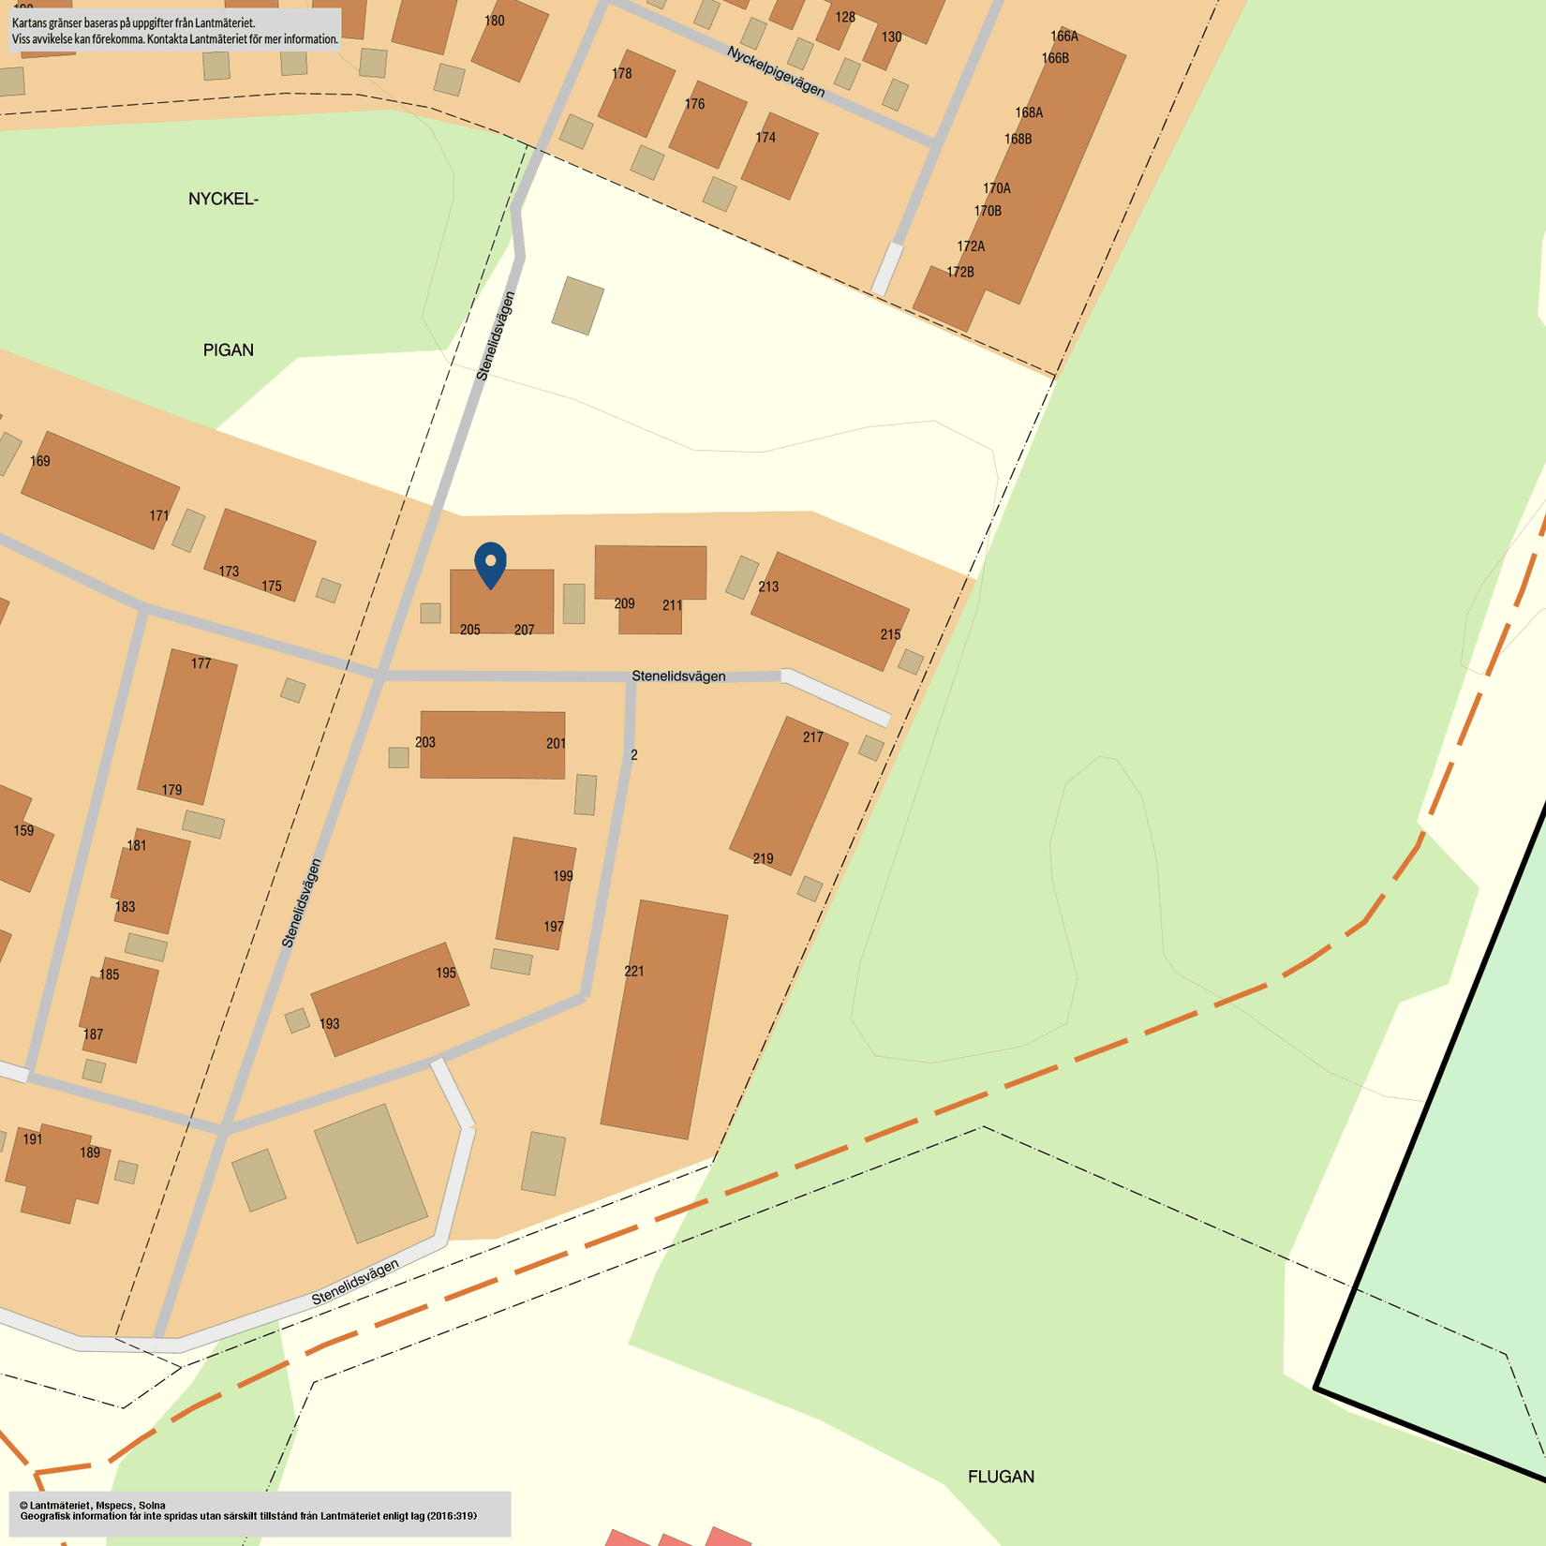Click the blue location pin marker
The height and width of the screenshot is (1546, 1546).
tap(490, 564)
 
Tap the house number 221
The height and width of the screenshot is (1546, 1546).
tap(634, 972)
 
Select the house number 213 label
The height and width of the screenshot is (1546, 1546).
tap(768, 587)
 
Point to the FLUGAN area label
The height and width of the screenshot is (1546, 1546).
tap(1001, 1477)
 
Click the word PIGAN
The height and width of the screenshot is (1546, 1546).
tap(229, 350)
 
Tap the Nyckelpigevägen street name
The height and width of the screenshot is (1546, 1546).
tap(776, 72)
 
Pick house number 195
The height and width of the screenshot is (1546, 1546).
tap(446, 974)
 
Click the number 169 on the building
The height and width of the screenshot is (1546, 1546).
tap(40, 461)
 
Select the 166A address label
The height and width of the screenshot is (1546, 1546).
tap(1064, 37)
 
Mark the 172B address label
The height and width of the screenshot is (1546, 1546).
tap(960, 273)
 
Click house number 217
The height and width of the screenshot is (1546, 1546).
tap(813, 737)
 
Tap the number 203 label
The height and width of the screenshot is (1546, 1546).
tap(425, 742)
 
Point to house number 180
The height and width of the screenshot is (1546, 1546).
tap(495, 21)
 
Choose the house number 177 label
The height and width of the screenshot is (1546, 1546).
tap(201, 663)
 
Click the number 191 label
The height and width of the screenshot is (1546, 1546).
tap(33, 1139)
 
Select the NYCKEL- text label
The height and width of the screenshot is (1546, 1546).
tap(223, 200)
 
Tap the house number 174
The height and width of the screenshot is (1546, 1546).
tap(766, 138)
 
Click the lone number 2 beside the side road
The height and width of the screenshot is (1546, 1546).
tap(634, 755)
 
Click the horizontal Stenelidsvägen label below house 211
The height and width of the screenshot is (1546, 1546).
tap(678, 676)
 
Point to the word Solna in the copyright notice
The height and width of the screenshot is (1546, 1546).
tap(152, 1506)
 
